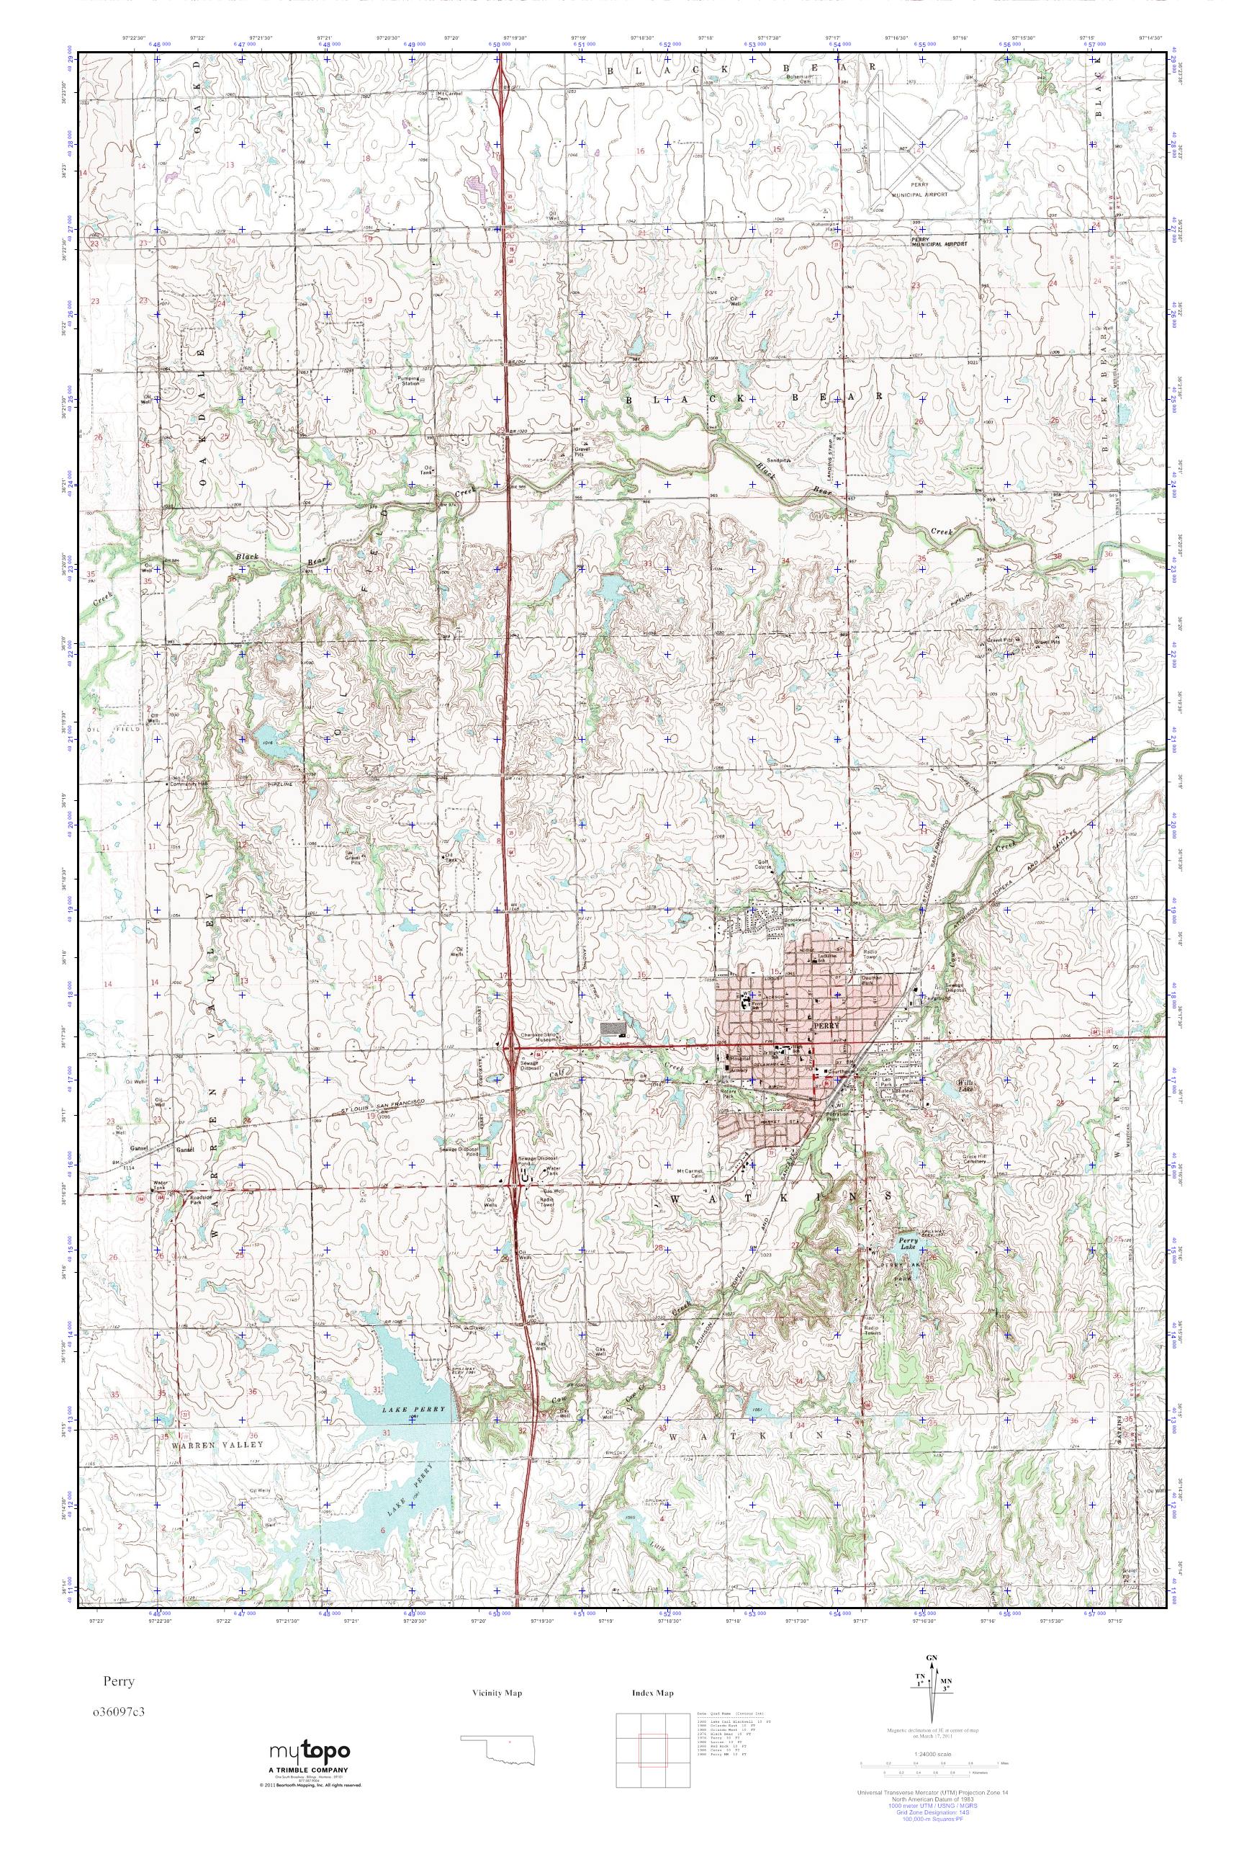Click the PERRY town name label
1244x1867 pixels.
(824, 1026)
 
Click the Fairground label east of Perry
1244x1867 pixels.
(933, 995)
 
